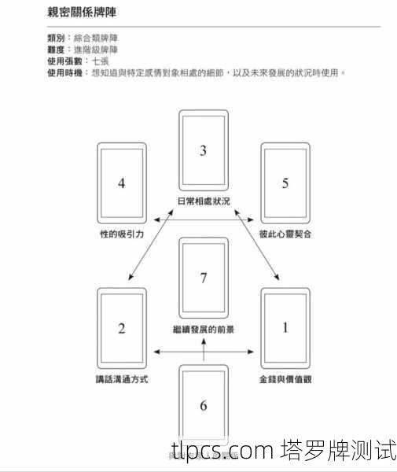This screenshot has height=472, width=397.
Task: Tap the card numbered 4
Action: click(122, 183)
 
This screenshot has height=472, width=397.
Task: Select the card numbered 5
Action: click(285, 183)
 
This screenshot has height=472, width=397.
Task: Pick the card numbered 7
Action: click(203, 278)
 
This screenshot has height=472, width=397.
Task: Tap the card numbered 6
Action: click(203, 405)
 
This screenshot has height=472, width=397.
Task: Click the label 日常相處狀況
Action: click(204, 201)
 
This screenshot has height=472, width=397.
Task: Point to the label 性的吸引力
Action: click(122, 234)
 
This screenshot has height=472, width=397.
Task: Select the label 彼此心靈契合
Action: click(285, 234)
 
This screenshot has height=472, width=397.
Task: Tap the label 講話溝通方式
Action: click(122, 379)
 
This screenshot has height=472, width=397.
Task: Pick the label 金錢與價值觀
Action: click(285, 379)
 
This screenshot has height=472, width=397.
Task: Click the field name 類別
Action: click(57, 37)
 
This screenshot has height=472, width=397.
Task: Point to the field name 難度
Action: click(57, 49)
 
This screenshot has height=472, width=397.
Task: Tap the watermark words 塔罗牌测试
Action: click(337, 452)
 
